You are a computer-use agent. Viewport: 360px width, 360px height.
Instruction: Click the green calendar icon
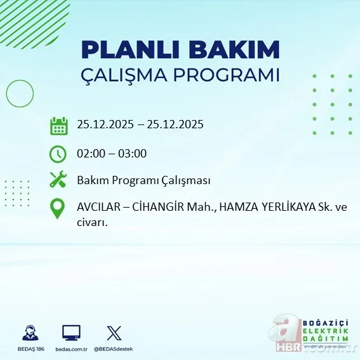(58, 125)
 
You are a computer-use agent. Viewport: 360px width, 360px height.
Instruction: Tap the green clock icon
(58, 154)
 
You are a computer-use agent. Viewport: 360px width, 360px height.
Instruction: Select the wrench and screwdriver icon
(58, 180)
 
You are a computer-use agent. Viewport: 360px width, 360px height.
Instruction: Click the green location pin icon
(58, 209)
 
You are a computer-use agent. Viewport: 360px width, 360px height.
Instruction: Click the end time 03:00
(133, 154)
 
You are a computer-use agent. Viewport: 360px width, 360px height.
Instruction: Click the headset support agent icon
(29, 333)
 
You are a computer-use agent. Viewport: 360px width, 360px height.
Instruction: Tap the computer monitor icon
(71, 333)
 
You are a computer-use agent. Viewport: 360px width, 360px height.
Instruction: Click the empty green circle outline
(20, 94)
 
